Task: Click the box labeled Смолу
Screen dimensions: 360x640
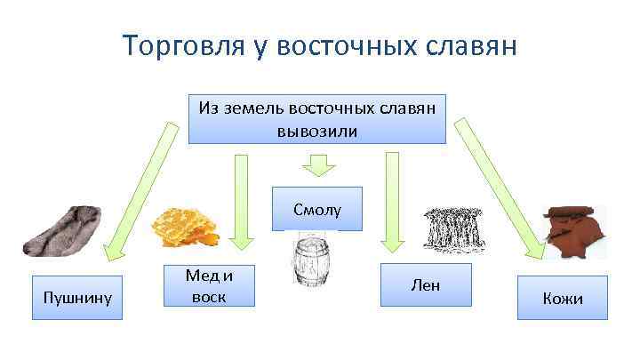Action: (x=317, y=210)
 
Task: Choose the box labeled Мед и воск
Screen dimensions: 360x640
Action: (x=209, y=286)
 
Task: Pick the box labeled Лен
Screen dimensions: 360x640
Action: (x=425, y=286)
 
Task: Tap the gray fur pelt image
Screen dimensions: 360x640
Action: (x=62, y=229)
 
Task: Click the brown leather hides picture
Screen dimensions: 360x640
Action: (x=572, y=229)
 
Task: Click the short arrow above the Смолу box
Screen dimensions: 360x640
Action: (x=317, y=164)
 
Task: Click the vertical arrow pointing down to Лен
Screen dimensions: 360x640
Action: (x=390, y=201)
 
